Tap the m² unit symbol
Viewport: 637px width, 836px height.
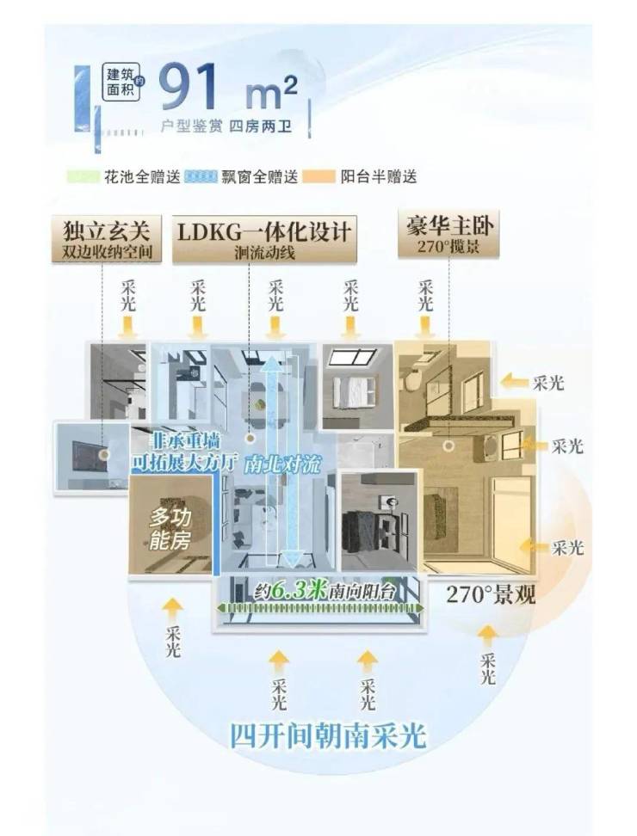coord(274,89)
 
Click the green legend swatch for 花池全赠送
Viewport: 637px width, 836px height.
coord(83,177)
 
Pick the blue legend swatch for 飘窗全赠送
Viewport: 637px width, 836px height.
coord(201,177)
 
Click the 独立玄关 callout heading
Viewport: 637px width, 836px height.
coord(107,231)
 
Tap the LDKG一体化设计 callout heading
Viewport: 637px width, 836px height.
coord(264,231)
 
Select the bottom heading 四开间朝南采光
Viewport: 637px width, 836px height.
coord(327,736)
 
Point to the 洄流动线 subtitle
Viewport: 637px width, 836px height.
coord(264,252)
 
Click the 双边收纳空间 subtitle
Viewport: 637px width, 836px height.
coord(107,251)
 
